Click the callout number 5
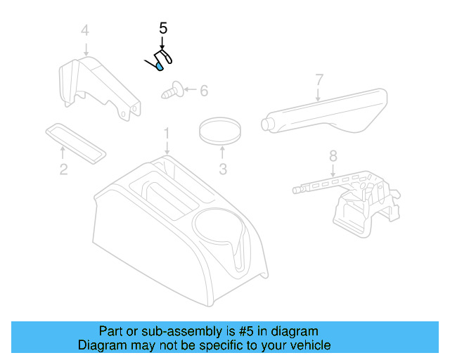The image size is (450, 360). pyautogui.click(x=163, y=29)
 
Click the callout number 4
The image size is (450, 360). pyautogui.click(x=85, y=30)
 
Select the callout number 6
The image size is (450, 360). pyautogui.click(x=204, y=91)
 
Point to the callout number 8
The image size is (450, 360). pyautogui.click(x=333, y=155)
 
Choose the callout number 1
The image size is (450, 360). pyautogui.click(x=167, y=133)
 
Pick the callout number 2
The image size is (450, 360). pyautogui.click(x=63, y=169)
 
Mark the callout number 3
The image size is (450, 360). pyautogui.click(x=222, y=169)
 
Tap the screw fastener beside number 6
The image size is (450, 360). pyautogui.click(x=173, y=90)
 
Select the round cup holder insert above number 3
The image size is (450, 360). pyautogui.click(x=221, y=130)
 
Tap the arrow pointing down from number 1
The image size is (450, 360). pyautogui.click(x=167, y=147)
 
